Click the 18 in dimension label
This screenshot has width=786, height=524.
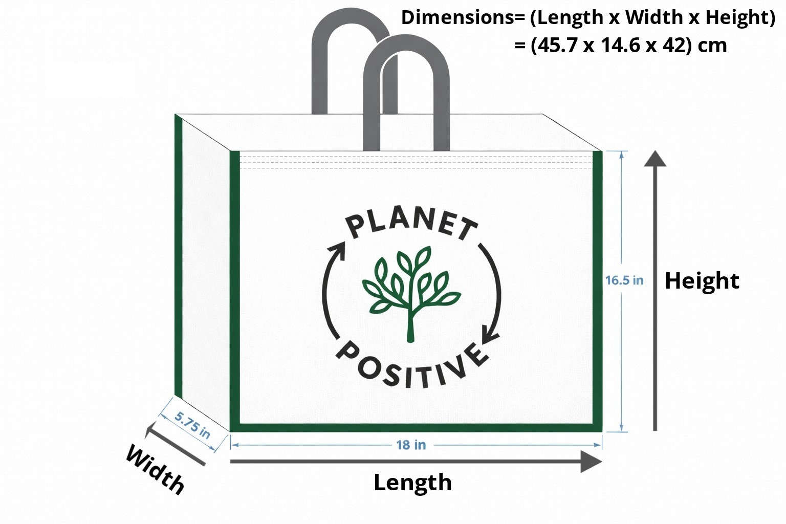pos(411,445)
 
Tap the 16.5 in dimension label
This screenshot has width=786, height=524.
pos(624,280)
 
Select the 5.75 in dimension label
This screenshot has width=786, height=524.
pos(192,425)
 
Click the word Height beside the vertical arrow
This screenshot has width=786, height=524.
pos(702,281)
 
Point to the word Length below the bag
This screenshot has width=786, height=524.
pos(412,483)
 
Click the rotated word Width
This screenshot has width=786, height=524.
pos(155,470)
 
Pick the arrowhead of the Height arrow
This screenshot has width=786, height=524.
pos(655,159)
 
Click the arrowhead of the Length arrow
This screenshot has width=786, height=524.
pos(591,462)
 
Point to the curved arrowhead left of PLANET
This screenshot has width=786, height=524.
pos(337,250)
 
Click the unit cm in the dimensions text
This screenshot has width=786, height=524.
pos(712,47)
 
